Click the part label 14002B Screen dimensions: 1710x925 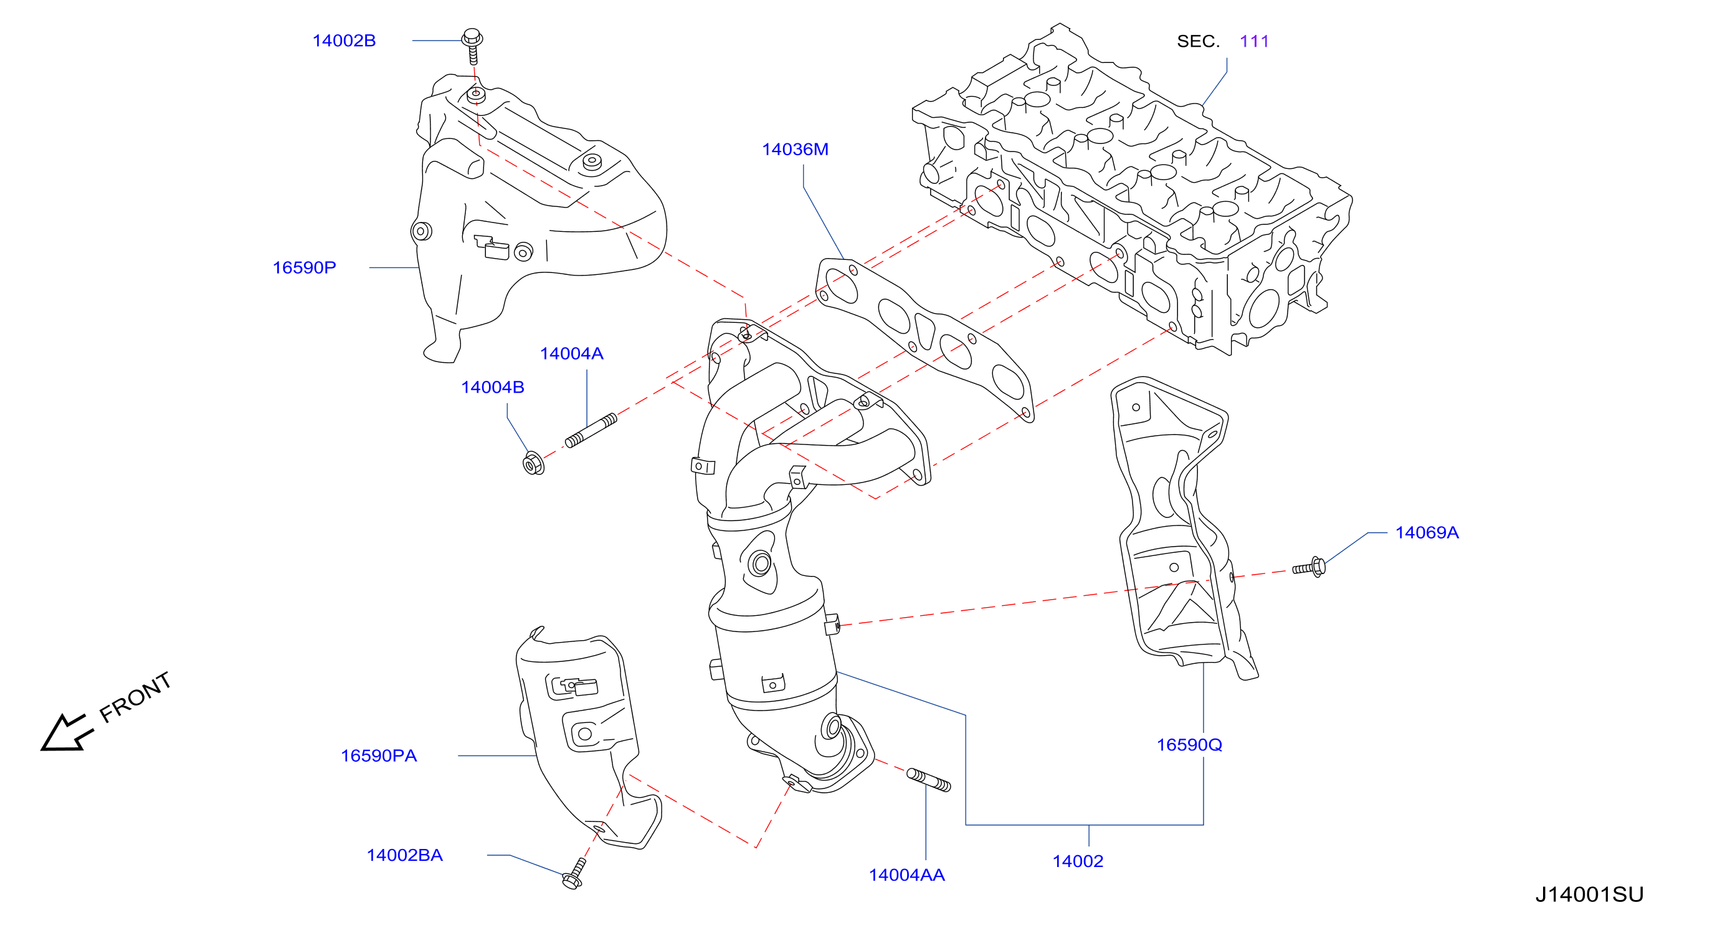344,41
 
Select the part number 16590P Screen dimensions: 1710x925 304,267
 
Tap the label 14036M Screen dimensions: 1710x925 796,150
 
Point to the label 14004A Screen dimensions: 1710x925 571,354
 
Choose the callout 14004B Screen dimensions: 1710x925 493,387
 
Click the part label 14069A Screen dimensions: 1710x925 1427,532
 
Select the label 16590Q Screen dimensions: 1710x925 1189,745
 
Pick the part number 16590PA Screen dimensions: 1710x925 378,755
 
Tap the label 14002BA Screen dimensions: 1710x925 404,855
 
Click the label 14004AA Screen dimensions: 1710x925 907,875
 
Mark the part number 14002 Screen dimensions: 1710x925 1077,861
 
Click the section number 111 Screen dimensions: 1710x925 1254,41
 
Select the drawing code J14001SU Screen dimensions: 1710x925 1589,894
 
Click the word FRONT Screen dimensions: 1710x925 135,697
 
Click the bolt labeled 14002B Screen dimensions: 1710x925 472,46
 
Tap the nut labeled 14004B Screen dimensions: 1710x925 533,463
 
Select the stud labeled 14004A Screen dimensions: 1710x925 591,430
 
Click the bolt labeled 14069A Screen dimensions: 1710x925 1309,568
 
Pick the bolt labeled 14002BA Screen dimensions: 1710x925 574,873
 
